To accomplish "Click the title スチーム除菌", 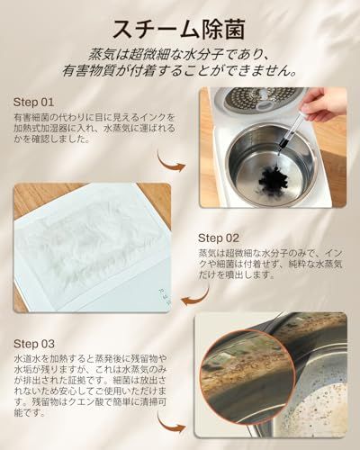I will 180,23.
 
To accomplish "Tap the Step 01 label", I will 36,102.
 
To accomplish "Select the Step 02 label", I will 219,238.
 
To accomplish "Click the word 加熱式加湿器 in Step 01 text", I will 41,130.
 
